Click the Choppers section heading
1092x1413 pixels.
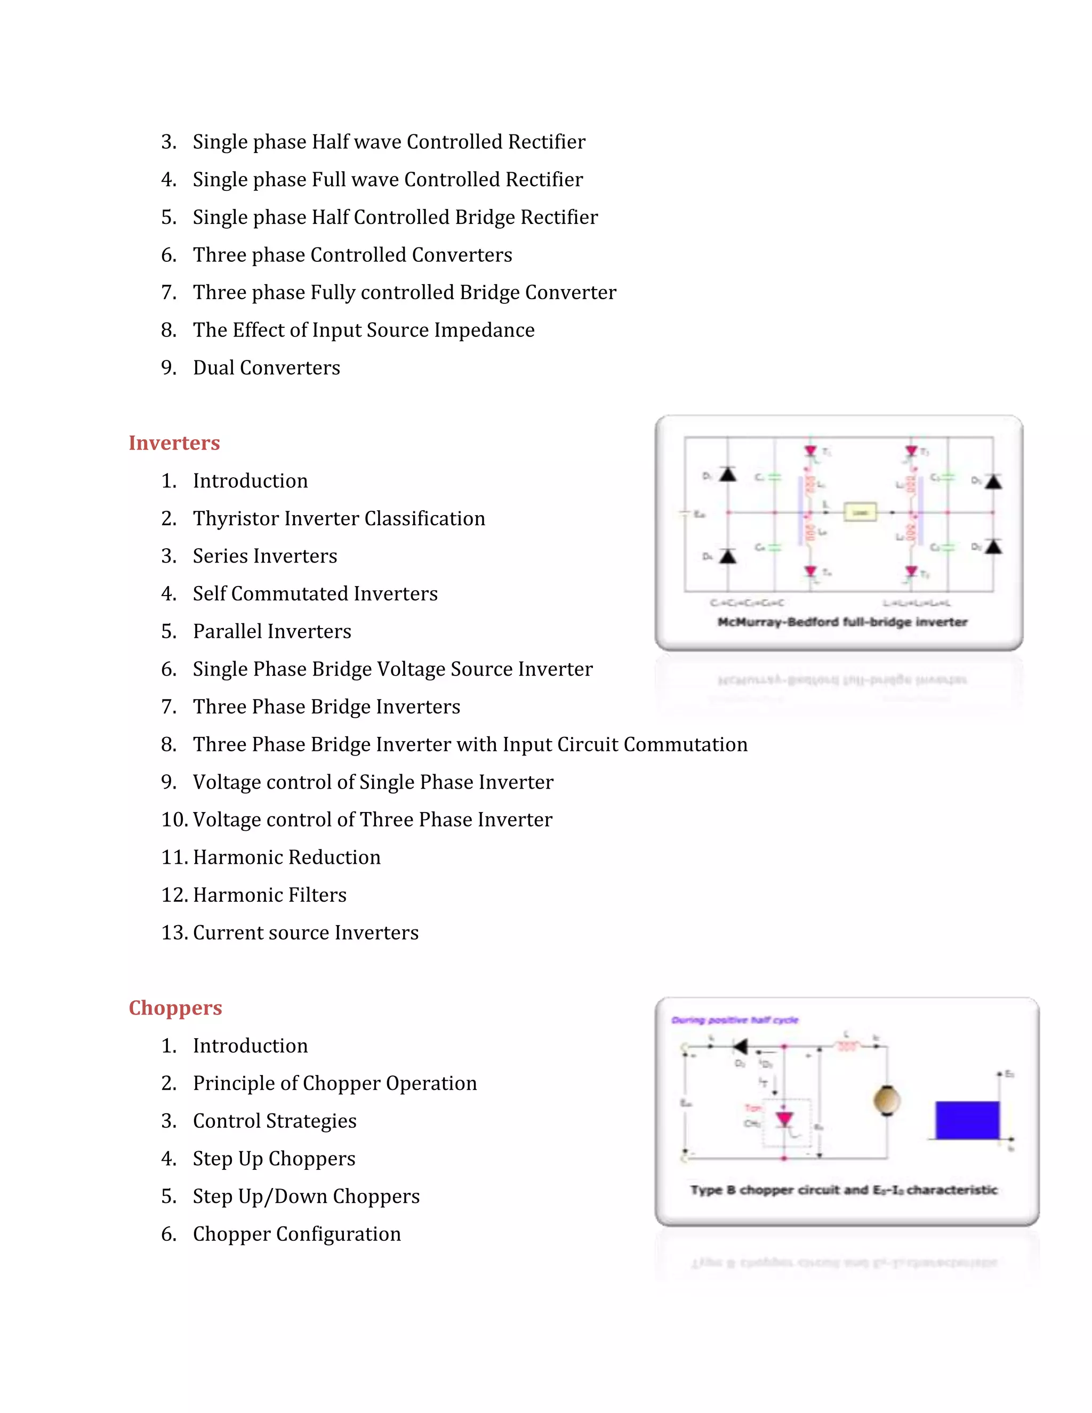(x=175, y=1007)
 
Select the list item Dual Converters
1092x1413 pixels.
(x=266, y=367)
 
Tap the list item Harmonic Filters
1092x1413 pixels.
(x=269, y=895)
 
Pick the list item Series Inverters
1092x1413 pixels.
(x=264, y=556)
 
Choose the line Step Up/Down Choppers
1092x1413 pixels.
(x=306, y=1197)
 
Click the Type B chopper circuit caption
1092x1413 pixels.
(x=844, y=1190)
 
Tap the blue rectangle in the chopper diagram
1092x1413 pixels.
(x=967, y=1120)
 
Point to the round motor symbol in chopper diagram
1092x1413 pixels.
(x=886, y=1100)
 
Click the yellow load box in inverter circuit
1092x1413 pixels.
(x=860, y=512)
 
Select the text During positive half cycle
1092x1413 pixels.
(x=734, y=1020)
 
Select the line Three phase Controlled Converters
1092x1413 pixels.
(x=352, y=255)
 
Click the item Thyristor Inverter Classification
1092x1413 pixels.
(x=339, y=518)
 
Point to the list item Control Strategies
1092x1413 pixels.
(x=274, y=1121)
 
